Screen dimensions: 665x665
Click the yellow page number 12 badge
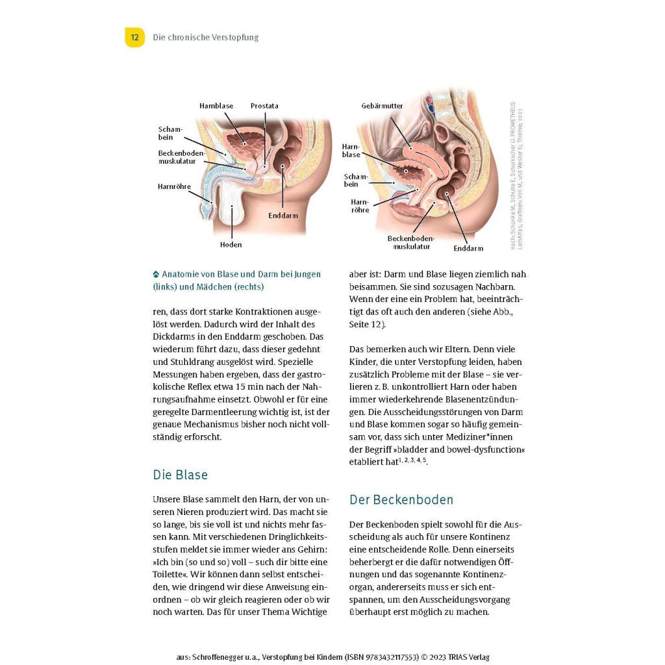click(x=134, y=38)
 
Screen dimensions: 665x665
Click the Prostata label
click(x=264, y=106)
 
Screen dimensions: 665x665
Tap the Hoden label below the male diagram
click(x=231, y=245)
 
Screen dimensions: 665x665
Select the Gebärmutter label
click(x=383, y=106)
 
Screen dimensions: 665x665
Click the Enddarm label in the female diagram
click(x=468, y=248)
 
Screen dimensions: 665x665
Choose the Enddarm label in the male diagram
click(x=283, y=215)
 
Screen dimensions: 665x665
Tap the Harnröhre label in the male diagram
click(x=174, y=186)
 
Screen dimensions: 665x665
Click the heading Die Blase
click(x=181, y=475)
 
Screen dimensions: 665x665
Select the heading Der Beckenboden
click(x=401, y=499)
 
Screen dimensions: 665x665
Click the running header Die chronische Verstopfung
click(x=205, y=38)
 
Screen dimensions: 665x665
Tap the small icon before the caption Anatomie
click(x=156, y=274)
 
